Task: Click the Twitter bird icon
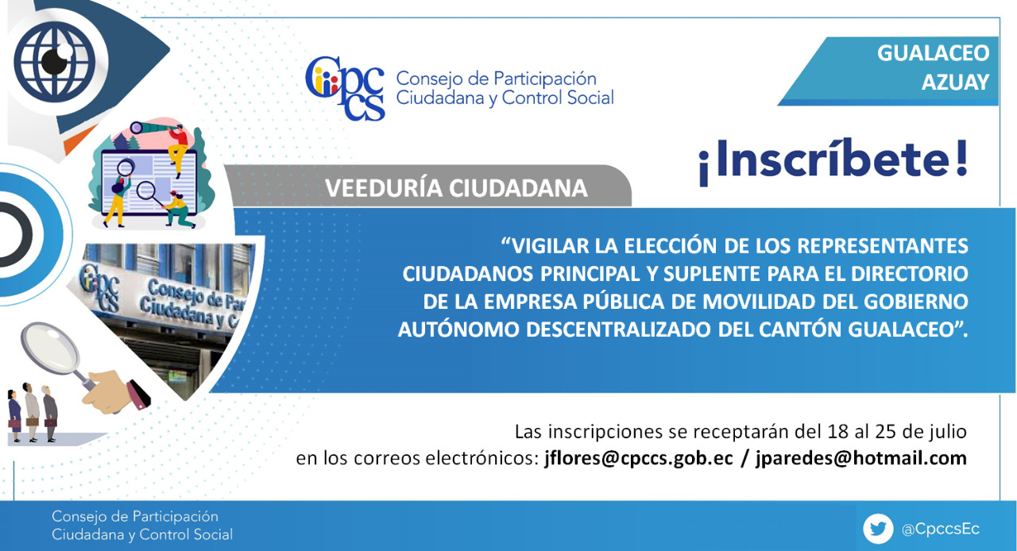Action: (878, 529)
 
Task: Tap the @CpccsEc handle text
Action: (940, 530)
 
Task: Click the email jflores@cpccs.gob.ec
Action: (639, 459)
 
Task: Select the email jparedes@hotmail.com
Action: (861, 459)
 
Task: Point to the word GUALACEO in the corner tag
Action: (933, 53)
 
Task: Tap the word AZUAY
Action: (955, 82)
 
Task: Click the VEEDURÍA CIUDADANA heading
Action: (456, 188)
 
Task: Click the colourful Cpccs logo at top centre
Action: (345, 88)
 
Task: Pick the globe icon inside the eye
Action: (55, 62)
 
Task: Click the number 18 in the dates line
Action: (837, 432)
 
